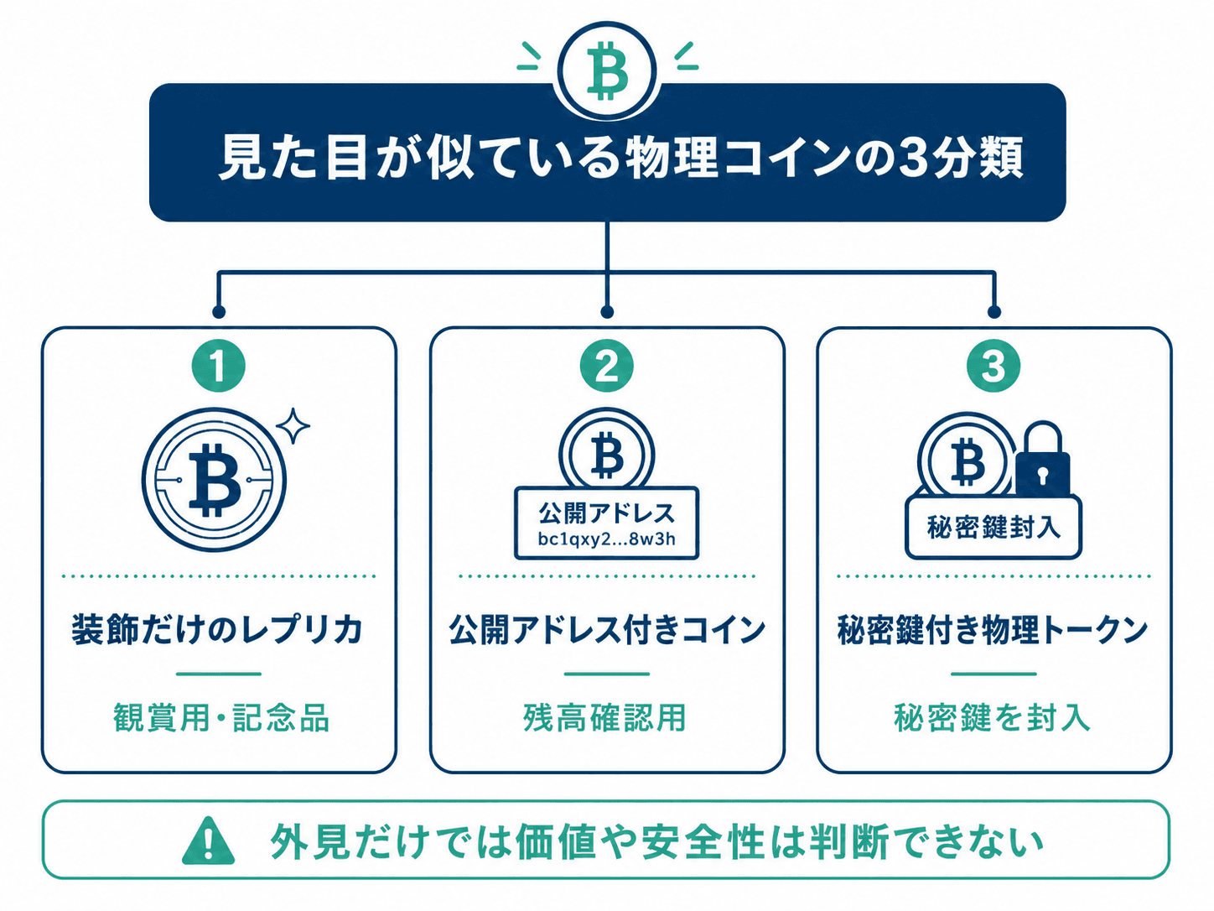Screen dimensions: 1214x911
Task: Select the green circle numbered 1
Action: tap(219, 366)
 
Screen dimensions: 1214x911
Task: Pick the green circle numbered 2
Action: tap(607, 366)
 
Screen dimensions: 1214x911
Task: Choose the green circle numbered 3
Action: tap(994, 366)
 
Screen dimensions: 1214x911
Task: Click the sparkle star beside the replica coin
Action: tap(293, 425)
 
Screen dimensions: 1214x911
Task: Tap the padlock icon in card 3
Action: tap(1042, 459)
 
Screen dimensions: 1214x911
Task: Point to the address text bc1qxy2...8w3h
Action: tap(607, 539)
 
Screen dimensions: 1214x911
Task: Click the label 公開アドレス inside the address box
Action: tap(607, 513)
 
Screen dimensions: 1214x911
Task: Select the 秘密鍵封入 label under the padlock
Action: tap(994, 527)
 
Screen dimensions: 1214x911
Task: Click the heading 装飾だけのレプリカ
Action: tap(217, 629)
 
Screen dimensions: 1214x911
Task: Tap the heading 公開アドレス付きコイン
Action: tap(607, 629)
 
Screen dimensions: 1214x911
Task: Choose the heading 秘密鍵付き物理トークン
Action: tap(994, 629)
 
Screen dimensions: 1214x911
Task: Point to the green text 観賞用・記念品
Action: tap(221, 718)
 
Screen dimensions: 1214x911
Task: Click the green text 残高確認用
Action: tap(605, 718)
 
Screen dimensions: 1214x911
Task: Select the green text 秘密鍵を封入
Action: tap(992, 718)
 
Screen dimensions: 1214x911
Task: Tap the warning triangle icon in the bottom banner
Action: tap(208, 841)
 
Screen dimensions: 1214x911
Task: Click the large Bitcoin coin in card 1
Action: tap(214, 480)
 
